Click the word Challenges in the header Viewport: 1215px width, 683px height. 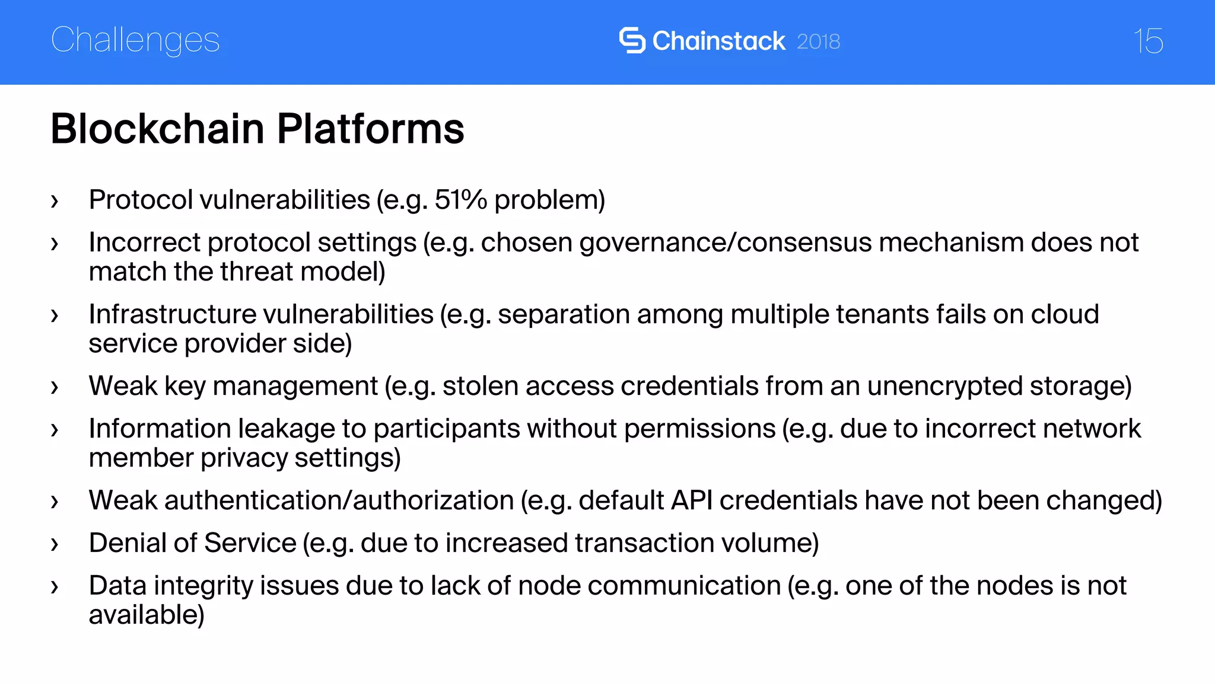point(135,41)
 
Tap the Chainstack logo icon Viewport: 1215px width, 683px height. point(632,40)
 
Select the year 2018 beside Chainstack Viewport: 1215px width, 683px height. point(818,42)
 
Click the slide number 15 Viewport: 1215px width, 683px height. point(1148,41)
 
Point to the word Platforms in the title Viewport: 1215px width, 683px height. point(370,129)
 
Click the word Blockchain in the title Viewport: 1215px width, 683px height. point(157,129)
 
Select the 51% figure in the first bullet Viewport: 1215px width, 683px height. point(460,200)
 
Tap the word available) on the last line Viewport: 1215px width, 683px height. point(147,615)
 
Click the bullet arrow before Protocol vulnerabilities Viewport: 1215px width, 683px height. point(55,202)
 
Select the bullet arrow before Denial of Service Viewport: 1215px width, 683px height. point(55,545)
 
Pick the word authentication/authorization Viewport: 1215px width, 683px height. point(339,500)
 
